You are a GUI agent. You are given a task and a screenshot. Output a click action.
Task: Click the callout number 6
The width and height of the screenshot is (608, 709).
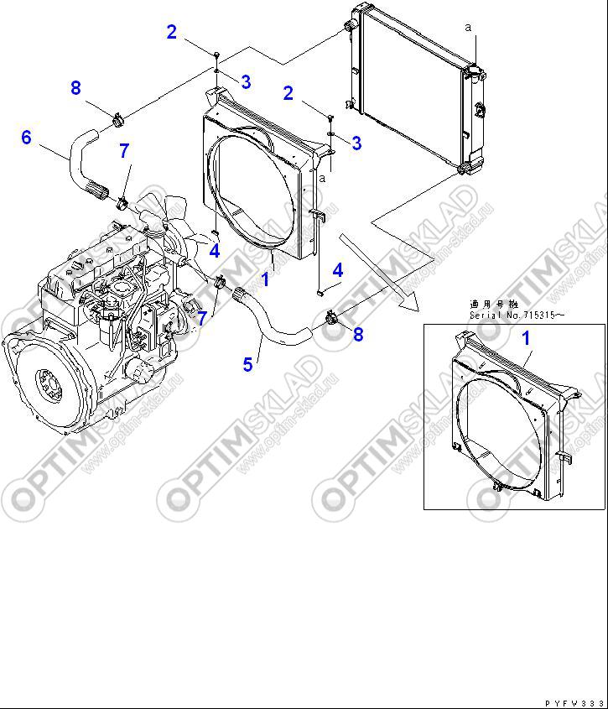click(x=26, y=138)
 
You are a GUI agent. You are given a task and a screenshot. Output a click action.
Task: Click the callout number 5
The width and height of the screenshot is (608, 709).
click(x=248, y=364)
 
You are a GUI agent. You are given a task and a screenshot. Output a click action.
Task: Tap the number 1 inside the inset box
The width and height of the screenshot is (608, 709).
click(x=527, y=339)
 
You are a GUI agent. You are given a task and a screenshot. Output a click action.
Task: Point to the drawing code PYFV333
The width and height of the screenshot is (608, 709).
click(x=574, y=701)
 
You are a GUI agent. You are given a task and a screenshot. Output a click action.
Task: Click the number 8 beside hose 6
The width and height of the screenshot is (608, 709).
click(x=75, y=87)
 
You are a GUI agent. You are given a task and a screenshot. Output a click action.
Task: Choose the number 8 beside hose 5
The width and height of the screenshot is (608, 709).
click(x=358, y=335)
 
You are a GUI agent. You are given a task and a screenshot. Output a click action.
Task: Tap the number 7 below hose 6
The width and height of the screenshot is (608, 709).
click(x=124, y=151)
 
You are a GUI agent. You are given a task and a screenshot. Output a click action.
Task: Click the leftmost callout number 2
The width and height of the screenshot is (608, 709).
click(x=172, y=33)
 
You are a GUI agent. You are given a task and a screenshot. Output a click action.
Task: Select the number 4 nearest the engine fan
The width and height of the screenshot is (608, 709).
click(x=215, y=250)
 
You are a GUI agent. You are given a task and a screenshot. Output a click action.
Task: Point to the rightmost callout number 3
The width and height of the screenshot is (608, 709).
click(x=356, y=143)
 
